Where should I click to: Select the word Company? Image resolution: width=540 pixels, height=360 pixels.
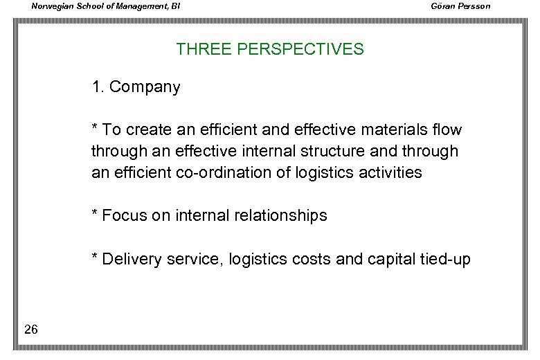click(145, 87)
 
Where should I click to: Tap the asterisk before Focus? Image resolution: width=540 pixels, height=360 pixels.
click(95, 213)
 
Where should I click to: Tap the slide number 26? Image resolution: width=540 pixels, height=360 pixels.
click(30, 330)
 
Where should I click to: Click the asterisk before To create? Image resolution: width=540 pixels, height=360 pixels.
click(95, 127)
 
